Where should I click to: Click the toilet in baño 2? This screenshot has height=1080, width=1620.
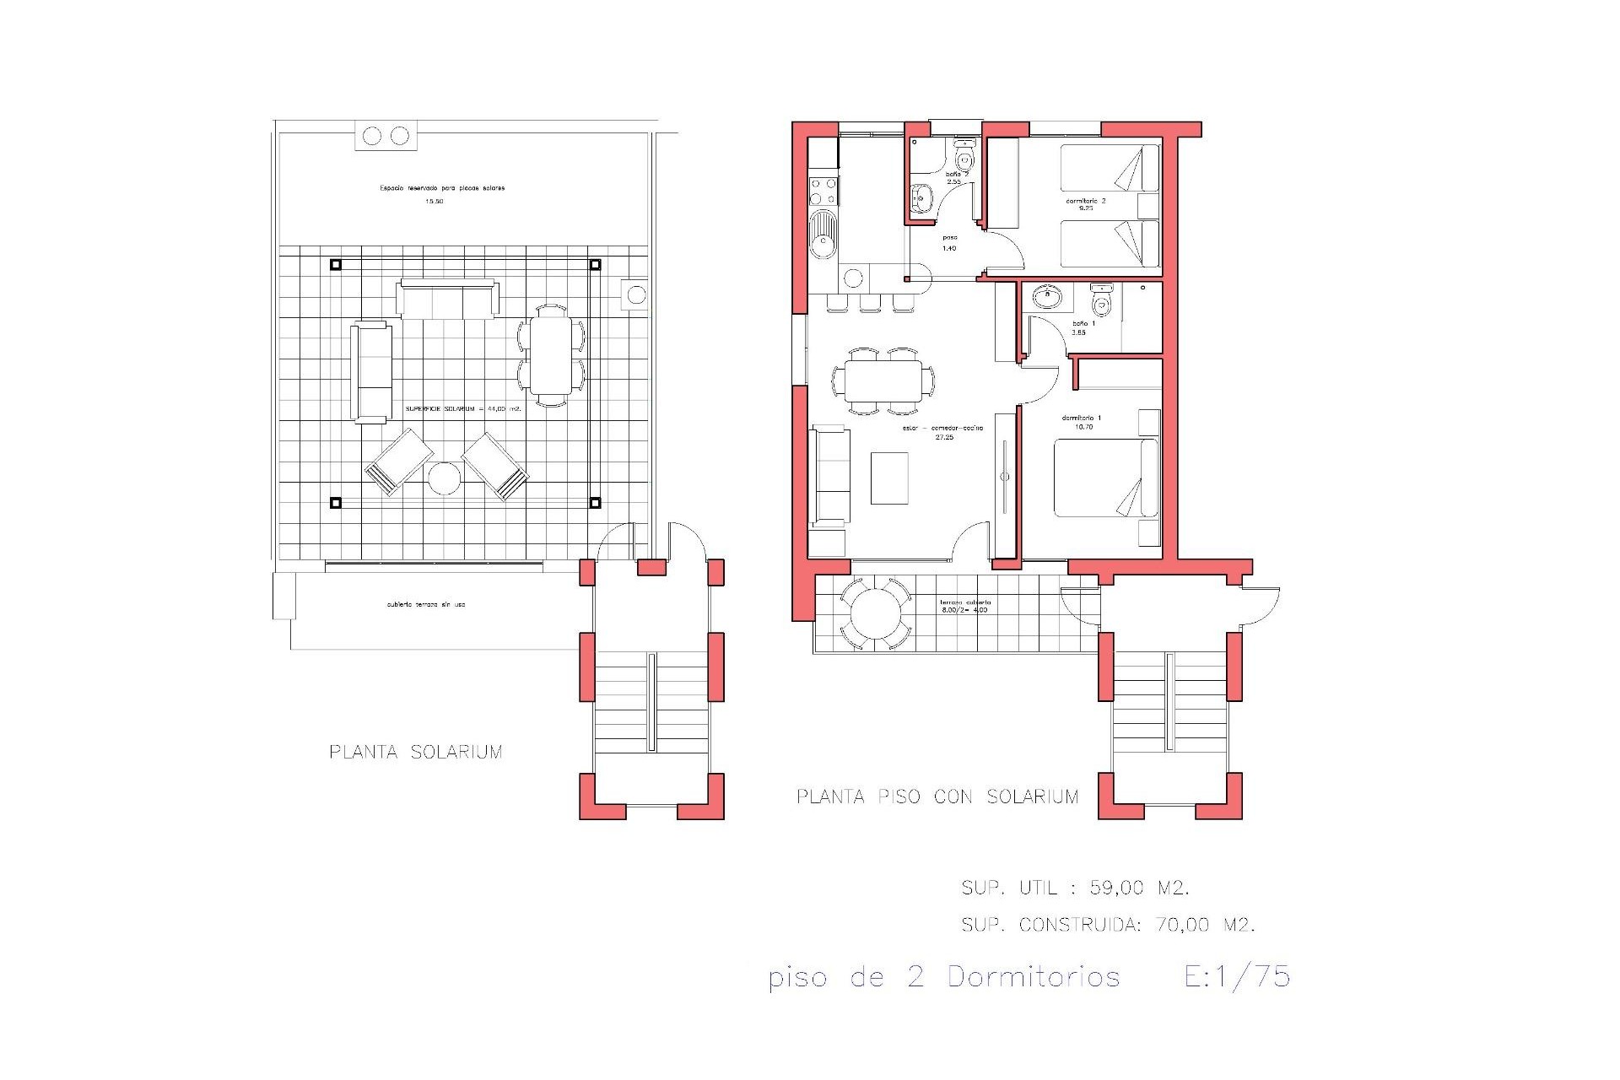[964, 157]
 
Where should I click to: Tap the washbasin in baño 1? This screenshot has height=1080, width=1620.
[1047, 296]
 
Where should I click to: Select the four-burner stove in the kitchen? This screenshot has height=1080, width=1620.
[823, 191]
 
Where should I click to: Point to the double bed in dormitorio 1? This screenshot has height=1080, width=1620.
[1106, 478]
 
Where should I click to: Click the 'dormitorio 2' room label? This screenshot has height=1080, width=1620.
[1086, 202]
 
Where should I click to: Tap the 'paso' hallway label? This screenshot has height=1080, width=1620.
[949, 238]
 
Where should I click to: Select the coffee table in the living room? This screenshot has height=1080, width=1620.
[889, 478]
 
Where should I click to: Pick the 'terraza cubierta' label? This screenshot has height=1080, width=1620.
[965, 602]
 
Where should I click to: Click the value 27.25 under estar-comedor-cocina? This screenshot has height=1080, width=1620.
[944, 438]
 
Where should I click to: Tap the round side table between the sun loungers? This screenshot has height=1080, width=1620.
[444, 479]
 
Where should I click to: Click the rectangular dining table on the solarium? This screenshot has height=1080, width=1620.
[550, 355]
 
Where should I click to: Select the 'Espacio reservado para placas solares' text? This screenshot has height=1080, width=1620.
[442, 188]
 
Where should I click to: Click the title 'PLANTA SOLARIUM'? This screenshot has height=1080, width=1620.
[416, 752]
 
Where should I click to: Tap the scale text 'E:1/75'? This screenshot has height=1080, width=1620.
[1237, 977]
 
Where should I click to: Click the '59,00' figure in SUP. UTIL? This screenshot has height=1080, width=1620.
[1117, 888]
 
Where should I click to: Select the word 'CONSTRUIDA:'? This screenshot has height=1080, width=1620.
[1080, 925]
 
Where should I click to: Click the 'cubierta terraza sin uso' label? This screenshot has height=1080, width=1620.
[426, 605]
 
